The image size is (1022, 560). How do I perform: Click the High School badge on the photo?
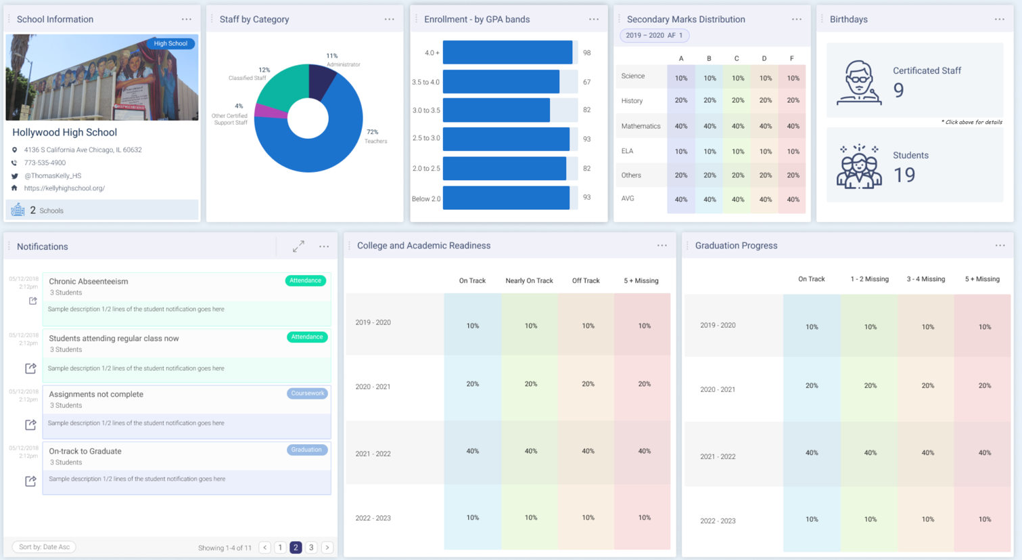[170, 43]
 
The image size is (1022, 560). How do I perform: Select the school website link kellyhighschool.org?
[64, 188]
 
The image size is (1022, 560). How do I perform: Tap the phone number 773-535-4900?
[45, 163]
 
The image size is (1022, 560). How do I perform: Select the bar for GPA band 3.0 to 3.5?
[496, 110]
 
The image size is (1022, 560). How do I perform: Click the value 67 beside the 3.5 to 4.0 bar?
[586, 82]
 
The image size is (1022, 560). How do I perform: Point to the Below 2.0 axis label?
[426, 198]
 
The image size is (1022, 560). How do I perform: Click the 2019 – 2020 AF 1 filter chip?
[654, 35]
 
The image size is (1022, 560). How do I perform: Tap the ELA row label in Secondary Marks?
[627, 151]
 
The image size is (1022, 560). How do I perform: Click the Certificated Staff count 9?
[898, 90]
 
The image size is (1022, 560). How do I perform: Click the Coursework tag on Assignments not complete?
[307, 393]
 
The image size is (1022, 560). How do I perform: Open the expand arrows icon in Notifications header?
[298, 246]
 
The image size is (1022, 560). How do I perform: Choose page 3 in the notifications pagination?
[311, 547]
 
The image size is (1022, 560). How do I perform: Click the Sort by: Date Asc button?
[44, 547]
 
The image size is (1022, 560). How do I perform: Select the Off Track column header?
[586, 280]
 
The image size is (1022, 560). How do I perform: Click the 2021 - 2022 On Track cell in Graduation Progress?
[812, 453]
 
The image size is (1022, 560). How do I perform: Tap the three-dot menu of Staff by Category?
[390, 20]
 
